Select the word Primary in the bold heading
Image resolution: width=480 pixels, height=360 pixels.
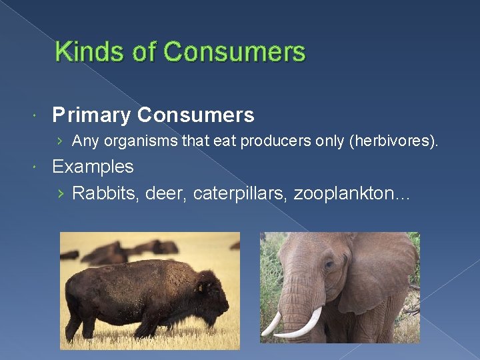pyautogui.click(x=92, y=115)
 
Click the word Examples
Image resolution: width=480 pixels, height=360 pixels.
pyautogui.click(x=93, y=166)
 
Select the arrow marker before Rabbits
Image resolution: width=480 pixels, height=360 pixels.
pyautogui.click(x=61, y=194)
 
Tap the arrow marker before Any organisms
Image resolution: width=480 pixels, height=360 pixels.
pyautogui.click(x=61, y=141)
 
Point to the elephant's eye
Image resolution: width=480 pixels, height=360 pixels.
pyautogui.click(x=329, y=265)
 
